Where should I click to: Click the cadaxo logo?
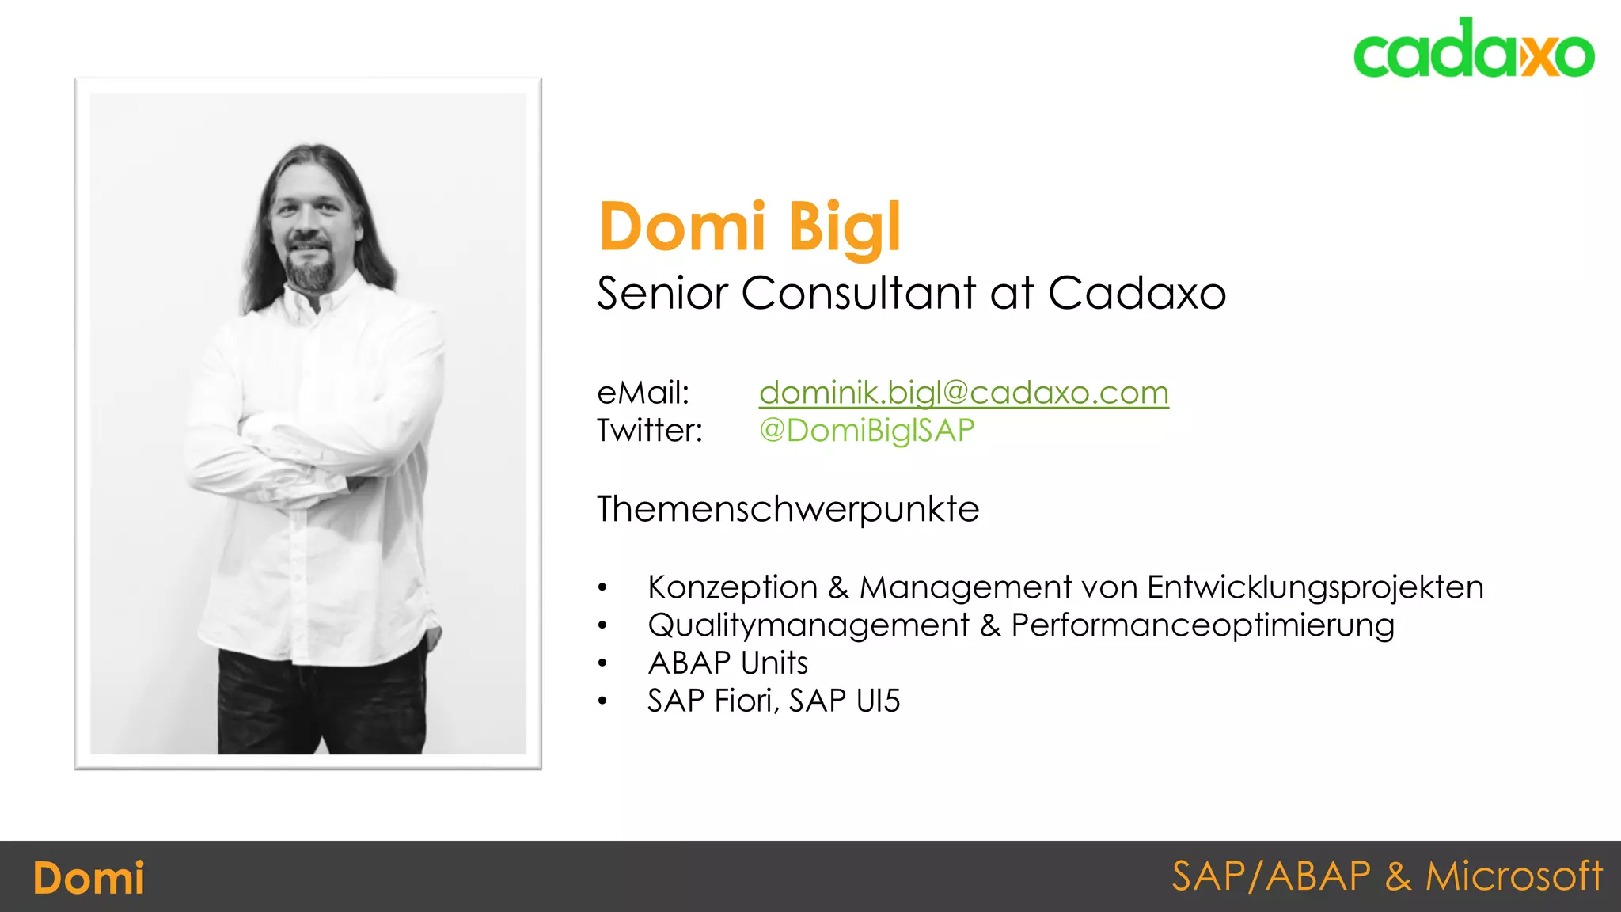[x=1473, y=49]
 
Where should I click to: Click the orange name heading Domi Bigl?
[x=750, y=227]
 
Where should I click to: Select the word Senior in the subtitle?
[x=662, y=294]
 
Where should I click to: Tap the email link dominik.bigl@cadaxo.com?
[x=963, y=393]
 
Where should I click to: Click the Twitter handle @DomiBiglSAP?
[x=867, y=431]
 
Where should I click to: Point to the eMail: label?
[x=643, y=393]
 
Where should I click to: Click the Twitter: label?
[x=649, y=431]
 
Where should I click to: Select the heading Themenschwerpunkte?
[x=788, y=509]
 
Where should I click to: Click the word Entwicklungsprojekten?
[x=1315, y=587]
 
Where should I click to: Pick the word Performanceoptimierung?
[x=1202, y=625]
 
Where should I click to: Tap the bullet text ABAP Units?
[x=727, y=663]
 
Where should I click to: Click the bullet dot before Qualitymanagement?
[x=602, y=625]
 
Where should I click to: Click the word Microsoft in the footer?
[x=1513, y=876]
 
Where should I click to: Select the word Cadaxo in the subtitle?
[x=1137, y=294]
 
